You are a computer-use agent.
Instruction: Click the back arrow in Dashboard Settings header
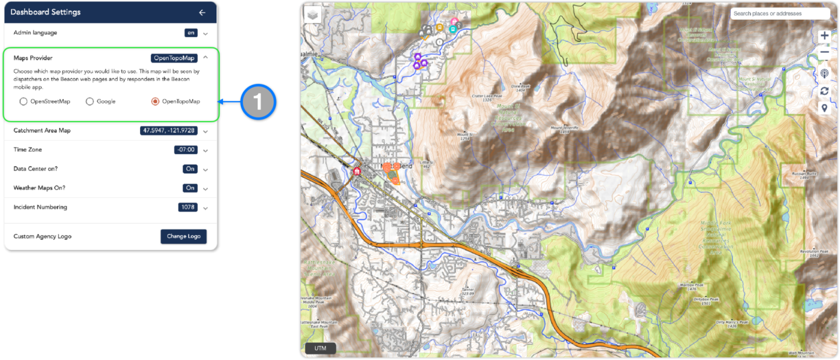pyautogui.click(x=202, y=12)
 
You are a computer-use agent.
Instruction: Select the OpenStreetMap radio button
pyautogui.click(x=23, y=101)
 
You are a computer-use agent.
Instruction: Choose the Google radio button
pyautogui.click(x=90, y=101)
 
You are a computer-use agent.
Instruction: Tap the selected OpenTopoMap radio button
pyautogui.click(x=155, y=101)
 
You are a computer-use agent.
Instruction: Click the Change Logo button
pyautogui.click(x=183, y=236)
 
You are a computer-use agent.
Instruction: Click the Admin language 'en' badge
pyautogui.click(x=190, y=33)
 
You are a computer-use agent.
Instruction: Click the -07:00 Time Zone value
pyautogui.click(x=185, y=150)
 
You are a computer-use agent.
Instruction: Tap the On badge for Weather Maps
pyautogui.click(x=190, y=188)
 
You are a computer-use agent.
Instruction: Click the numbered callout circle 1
pyautogui.click(x=258, y=102)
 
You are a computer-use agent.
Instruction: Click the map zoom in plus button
pyautogui.click(x=824, y=36)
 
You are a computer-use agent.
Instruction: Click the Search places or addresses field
pyautogui.click(x=779, y=14)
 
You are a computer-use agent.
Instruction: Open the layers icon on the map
pyautogui.click(x=312, y=15)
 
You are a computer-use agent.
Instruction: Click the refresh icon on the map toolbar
pyautogui.click(x=824, y=91)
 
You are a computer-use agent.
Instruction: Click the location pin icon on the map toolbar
pyautogui.click(x=824, y=108)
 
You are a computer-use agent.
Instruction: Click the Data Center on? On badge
pyautogui.click(x=190, y=169)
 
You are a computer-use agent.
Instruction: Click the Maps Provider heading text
pyautogui.click(x=33, y=58)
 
